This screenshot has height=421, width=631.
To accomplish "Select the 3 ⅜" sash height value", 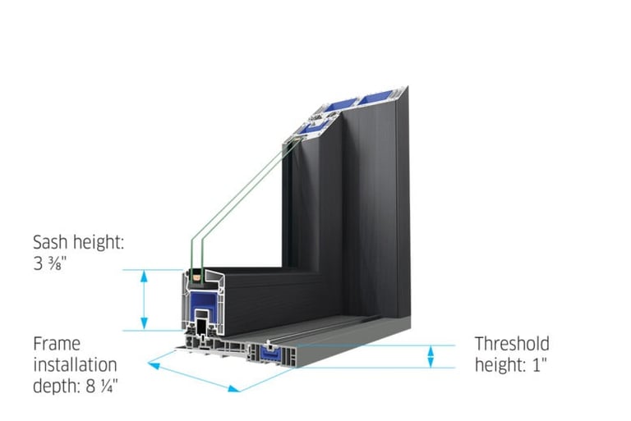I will click(x=49, y=264).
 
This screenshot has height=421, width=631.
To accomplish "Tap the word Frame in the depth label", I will click(x=57, y=343).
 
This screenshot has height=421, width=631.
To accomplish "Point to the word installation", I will click(x=75, y=364).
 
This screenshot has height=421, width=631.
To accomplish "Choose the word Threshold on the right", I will click(x=512, y=344).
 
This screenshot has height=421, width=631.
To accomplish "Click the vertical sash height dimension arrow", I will click(x=145, y=300).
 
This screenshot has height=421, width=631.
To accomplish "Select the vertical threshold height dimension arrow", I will click(x=430, y=356).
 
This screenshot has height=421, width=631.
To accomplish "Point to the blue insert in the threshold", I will click(x=270, y=355).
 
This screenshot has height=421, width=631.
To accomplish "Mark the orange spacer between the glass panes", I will click(x=198, y=277).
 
